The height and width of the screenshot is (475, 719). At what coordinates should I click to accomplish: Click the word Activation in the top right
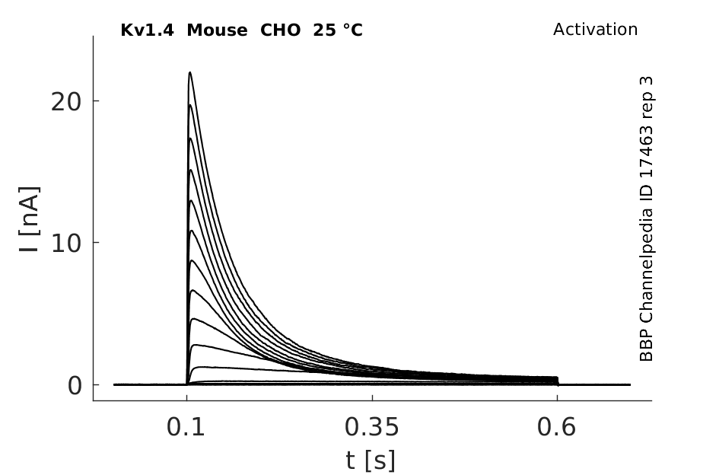click(595, 30)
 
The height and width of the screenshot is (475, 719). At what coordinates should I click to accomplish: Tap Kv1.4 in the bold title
click(147, 30)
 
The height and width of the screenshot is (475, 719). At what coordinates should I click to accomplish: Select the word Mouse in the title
click(217, 30)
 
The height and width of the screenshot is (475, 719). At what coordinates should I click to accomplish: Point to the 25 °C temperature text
click(338, 30)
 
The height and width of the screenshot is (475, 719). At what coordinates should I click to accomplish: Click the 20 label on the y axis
click(66, 102)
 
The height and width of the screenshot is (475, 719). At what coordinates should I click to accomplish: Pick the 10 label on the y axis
click(66, 244)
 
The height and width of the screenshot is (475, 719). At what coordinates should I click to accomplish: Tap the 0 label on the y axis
click(75, 386)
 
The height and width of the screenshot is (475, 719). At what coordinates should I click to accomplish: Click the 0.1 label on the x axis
click(185, 427)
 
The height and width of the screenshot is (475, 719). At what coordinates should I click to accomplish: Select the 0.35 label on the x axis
click(372, 427)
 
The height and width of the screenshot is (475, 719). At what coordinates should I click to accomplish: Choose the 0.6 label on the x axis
click(556, 427)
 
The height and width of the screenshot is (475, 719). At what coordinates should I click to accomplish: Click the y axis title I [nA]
click(30, 219)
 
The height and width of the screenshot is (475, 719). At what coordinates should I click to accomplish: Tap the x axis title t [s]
click(371, 461)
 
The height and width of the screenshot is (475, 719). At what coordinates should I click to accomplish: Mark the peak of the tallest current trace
click(189, 72)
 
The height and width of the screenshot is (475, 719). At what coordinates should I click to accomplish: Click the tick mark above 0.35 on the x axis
click(372, 398)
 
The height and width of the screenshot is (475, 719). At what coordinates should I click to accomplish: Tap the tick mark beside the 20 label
click(97, 100)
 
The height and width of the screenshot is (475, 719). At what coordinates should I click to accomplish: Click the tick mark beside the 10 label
click(97, 242)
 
